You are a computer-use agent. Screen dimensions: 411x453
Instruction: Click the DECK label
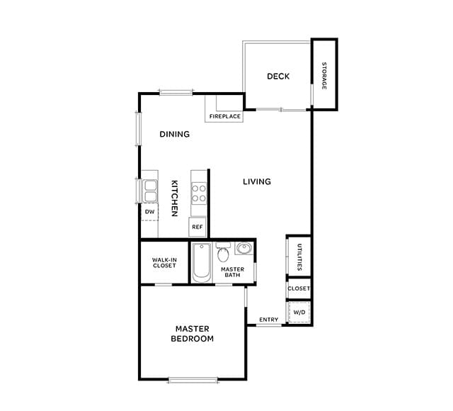point(277,77)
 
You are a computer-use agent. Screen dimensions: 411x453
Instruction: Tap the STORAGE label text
point(324,75)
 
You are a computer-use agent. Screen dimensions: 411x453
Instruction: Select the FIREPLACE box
point(224,116)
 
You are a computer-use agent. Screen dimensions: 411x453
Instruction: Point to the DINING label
point(174,134)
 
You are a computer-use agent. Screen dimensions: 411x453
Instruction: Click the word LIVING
point(257,182)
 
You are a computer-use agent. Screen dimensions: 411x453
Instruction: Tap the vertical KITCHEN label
point(174,198)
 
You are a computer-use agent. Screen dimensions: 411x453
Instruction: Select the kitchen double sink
point(150,191)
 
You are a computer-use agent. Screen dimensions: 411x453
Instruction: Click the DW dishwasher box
point(149,211)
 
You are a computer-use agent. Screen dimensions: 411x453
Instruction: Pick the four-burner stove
point(199,193)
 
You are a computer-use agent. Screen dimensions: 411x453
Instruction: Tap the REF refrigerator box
point(197,227)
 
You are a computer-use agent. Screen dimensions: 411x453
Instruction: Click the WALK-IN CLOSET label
point(164,263)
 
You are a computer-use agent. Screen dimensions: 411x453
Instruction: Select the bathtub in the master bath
point(201,263)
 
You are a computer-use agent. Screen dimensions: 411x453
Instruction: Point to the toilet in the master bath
point(224,253)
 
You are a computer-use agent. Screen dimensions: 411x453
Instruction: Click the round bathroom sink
point(244,249)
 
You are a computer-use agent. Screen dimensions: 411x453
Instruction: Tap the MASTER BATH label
point(233,272)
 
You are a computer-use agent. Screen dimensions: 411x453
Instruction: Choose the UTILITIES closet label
point(299,257)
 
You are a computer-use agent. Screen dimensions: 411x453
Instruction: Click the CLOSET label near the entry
point(299,289)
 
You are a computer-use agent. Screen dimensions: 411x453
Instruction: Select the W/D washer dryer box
point(299,312)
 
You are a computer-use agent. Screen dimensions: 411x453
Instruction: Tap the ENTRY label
point(268,320)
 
